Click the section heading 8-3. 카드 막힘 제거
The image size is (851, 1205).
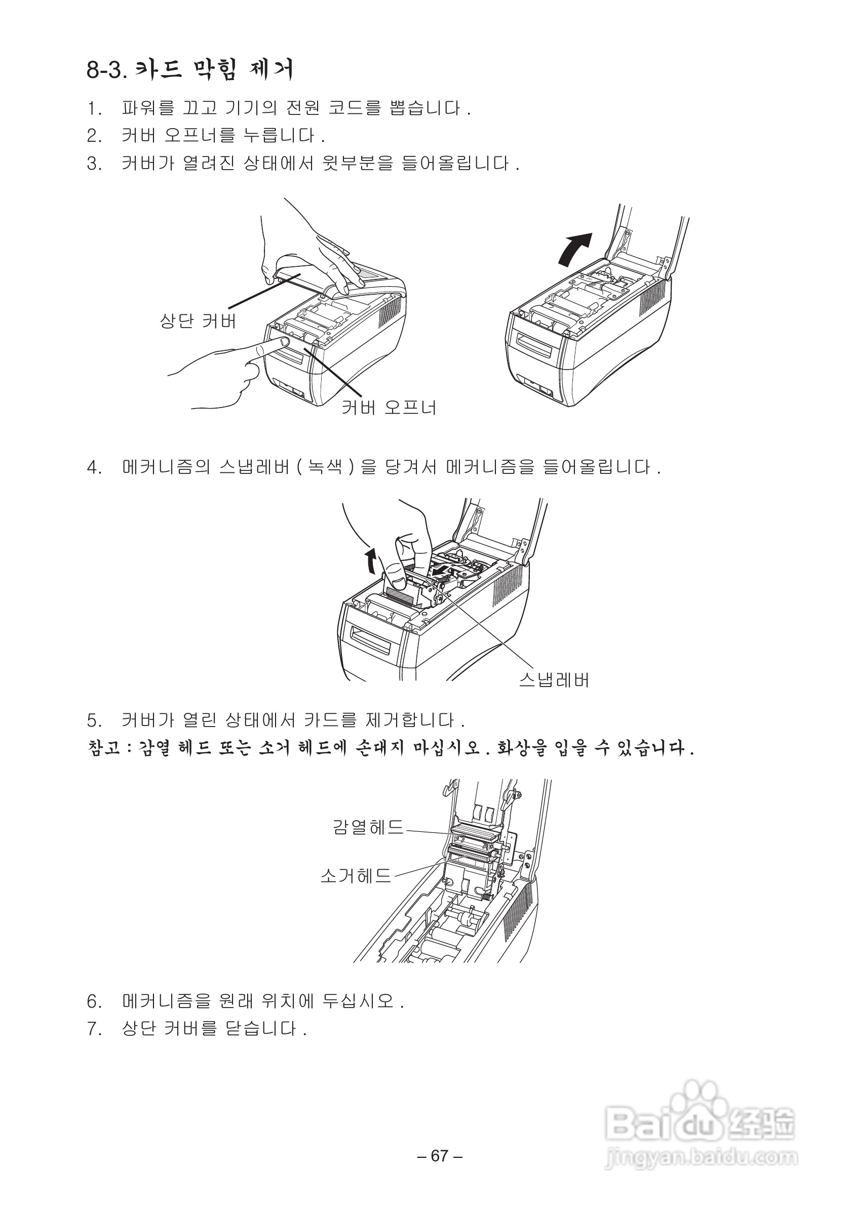tap(189, 69)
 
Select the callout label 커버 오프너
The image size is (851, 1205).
tap(389, 407)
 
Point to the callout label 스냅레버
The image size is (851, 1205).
tap(554, 680)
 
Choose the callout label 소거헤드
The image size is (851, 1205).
tap(356, 875)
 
